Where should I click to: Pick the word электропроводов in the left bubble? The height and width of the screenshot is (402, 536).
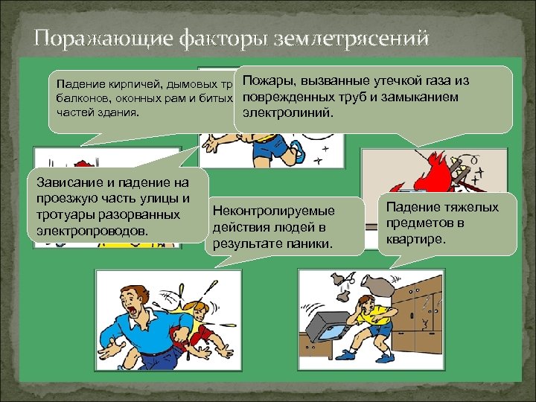[x=92, y=231]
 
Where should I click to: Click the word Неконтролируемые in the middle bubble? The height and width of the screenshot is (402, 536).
[x=273, y=211]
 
